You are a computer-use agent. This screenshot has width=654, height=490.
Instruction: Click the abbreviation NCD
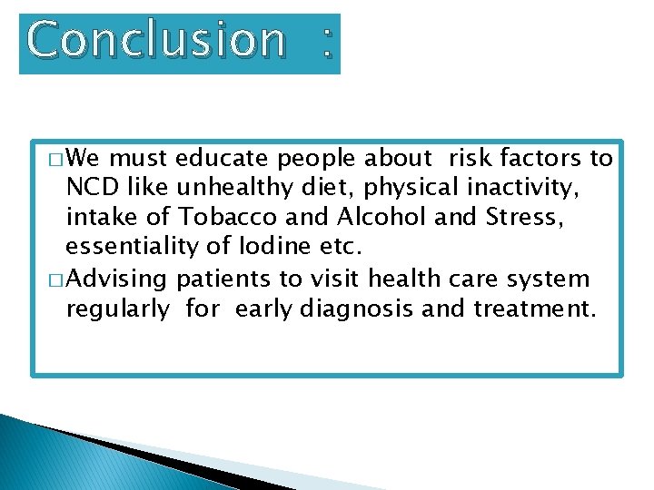pos(92,189)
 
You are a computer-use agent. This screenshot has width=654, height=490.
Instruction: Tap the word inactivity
pos(529,189)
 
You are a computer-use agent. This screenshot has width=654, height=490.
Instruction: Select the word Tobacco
pos(233,219)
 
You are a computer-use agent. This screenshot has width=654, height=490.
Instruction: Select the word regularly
pos(117,309)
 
